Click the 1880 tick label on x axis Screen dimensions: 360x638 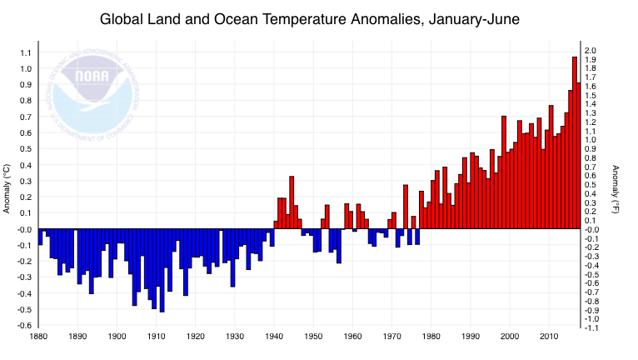(38, 337)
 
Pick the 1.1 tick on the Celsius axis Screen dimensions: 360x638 (25, 52)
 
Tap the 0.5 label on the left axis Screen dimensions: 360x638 (25, 149)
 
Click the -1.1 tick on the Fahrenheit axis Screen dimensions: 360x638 (592, 327)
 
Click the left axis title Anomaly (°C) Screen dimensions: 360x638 (7, 188)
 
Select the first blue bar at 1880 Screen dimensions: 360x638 (40, 237)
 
